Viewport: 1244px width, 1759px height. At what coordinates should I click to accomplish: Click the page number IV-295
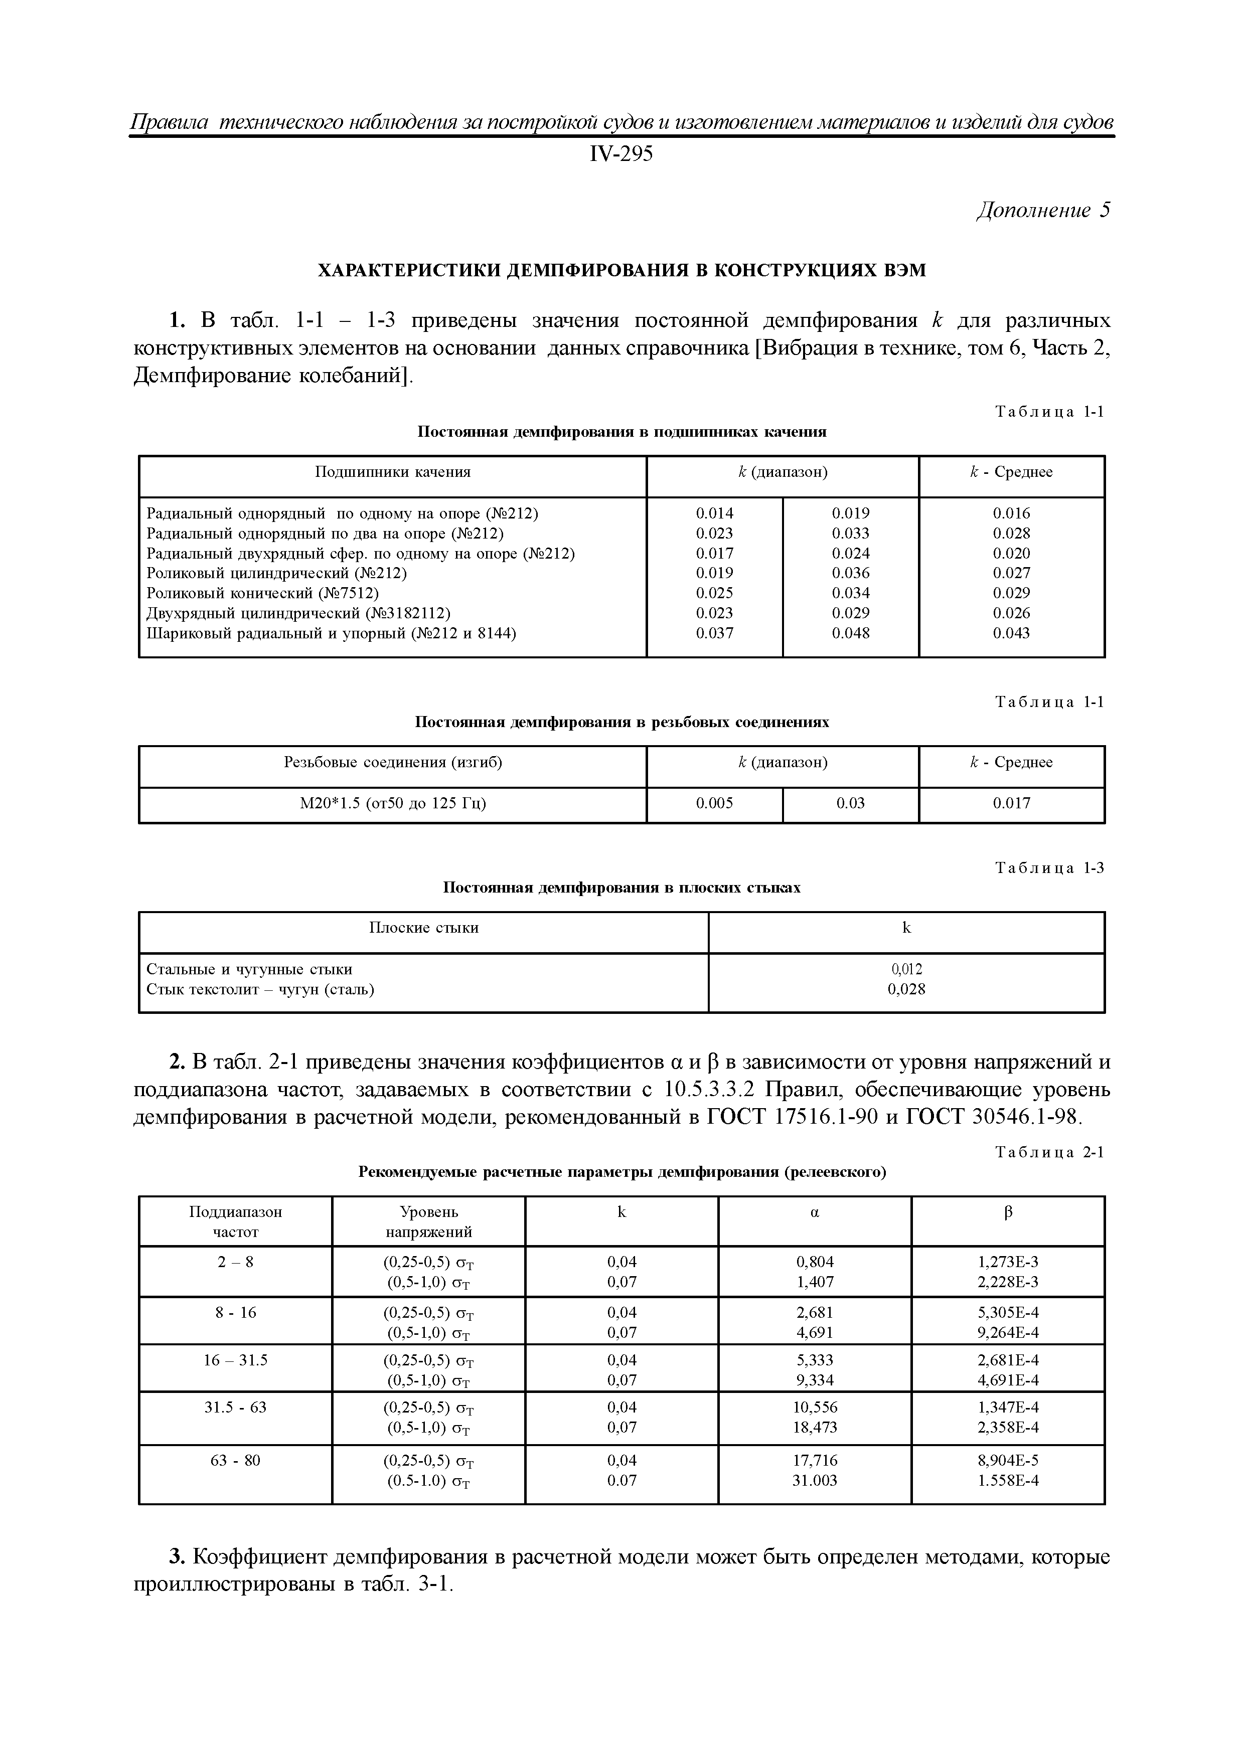(x=621, y=155)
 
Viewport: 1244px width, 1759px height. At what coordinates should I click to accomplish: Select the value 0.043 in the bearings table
(x=1011, y=633)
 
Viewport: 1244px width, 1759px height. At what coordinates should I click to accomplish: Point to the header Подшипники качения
(x=392, y=472)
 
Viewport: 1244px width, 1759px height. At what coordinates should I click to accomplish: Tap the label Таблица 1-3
(x=1049, y=868)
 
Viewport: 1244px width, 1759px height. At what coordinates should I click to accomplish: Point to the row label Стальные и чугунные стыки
(x=249, y=969)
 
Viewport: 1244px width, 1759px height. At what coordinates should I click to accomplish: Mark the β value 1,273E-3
(x=1008, y=1262)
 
